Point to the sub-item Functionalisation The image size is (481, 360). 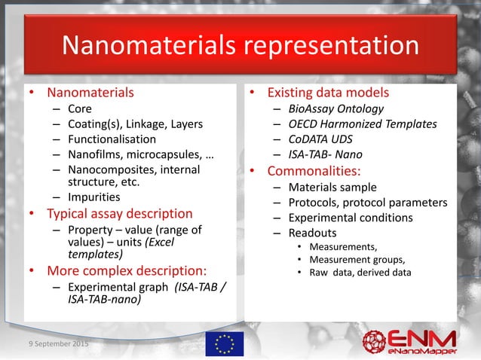112,139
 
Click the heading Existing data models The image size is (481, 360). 330,93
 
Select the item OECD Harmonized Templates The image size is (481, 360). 365,124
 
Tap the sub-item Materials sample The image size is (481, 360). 335,187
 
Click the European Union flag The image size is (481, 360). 224,343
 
